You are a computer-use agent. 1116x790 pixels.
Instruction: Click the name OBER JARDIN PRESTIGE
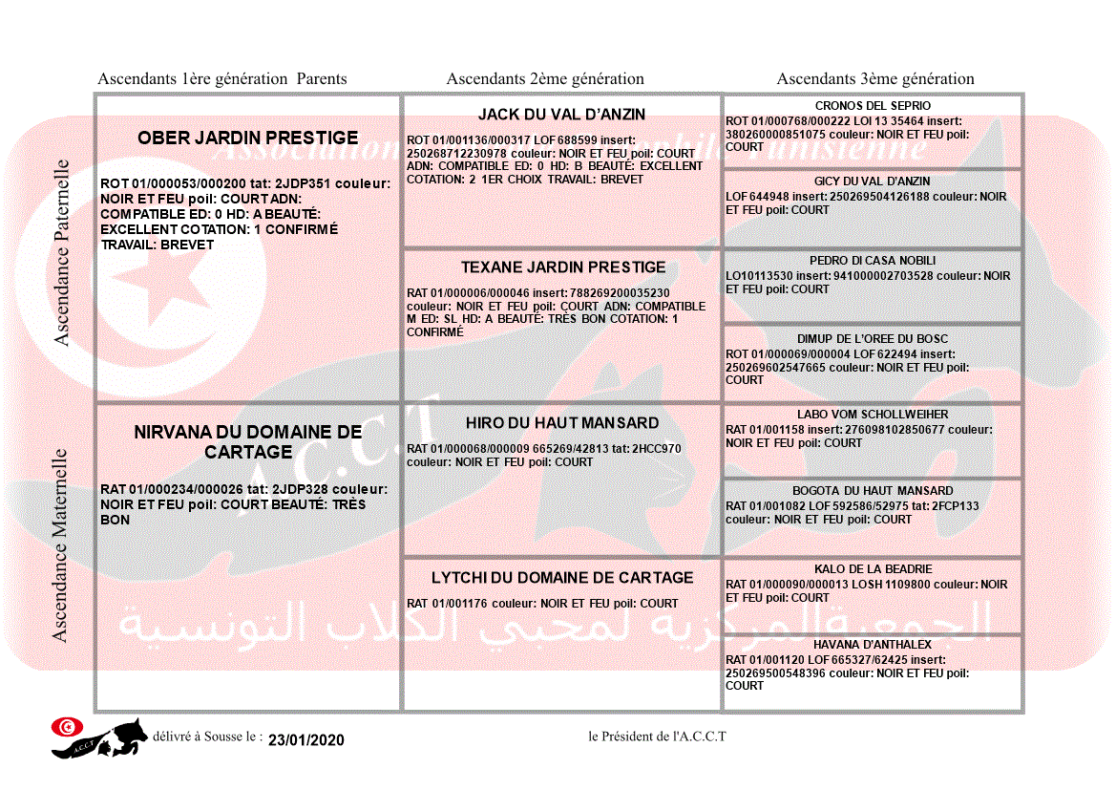point(247,139)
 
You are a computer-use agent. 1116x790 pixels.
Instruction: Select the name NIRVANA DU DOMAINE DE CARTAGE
point(248,441)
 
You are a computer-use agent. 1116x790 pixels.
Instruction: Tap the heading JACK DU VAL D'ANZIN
point(561,115)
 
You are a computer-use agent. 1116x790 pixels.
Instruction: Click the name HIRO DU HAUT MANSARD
point(562,423)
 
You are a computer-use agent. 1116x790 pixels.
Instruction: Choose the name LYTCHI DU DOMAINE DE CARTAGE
point(562,578)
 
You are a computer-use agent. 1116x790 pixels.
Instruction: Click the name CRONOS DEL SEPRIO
point(873,106)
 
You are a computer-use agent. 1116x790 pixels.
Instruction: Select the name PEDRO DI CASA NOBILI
point(873,261)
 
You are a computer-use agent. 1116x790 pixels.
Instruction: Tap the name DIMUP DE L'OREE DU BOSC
point(873,339)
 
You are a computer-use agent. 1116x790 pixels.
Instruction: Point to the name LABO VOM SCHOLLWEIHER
point(873,416)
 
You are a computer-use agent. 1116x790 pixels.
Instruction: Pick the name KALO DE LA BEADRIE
point(873,569)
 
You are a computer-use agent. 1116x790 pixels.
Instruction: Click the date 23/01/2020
point(305,740)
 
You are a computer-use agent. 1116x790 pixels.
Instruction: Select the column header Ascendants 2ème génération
point(545,79)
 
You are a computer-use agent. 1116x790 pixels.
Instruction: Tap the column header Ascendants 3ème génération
point(875,79)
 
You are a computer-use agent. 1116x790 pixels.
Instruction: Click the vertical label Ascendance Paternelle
point(62,252)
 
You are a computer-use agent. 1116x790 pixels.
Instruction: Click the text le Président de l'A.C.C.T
point(657,736)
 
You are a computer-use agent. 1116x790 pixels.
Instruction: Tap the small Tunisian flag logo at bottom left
point(66,727)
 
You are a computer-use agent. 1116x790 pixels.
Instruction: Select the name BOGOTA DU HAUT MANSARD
point(873,491)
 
